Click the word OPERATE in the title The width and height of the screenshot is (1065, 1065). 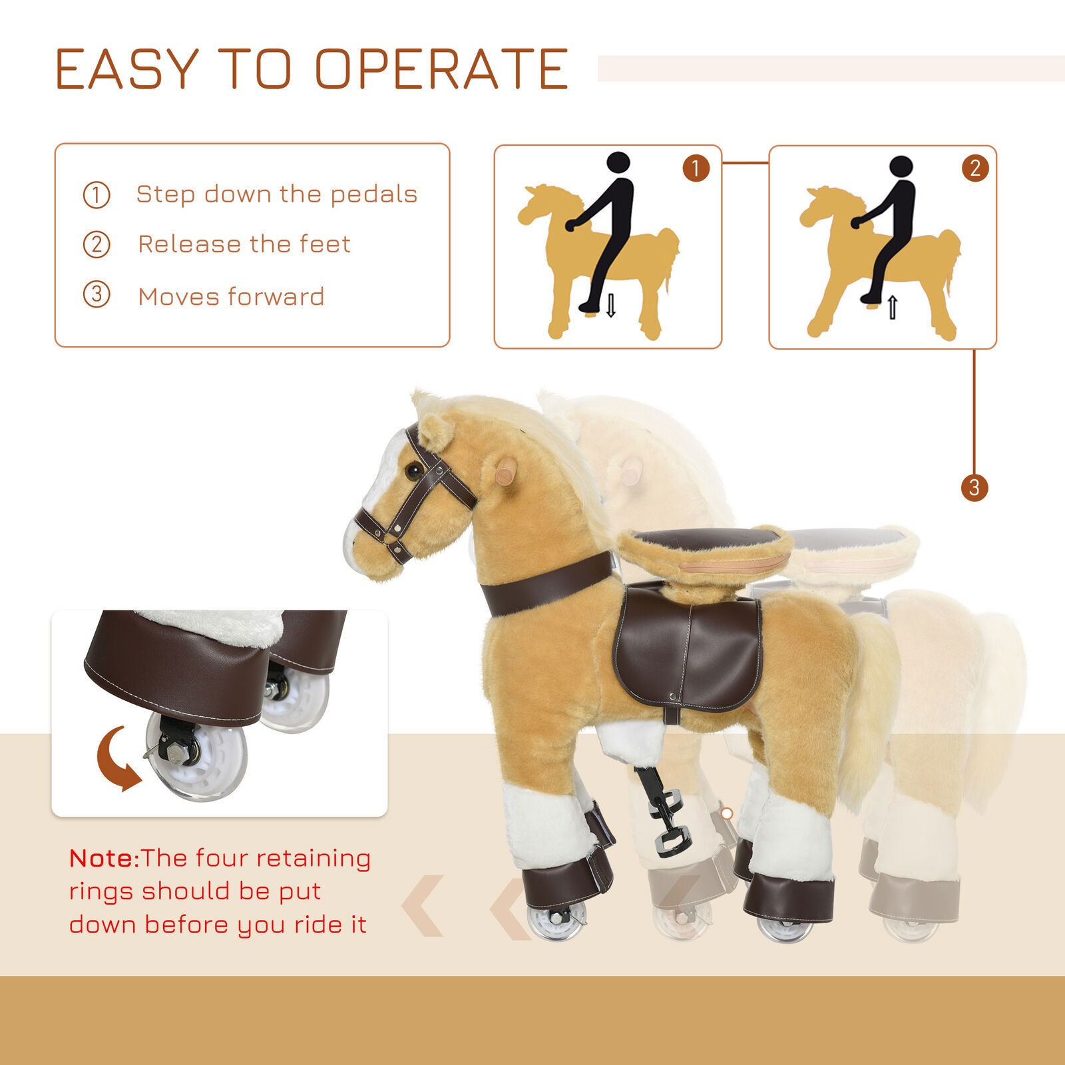pos(442,69)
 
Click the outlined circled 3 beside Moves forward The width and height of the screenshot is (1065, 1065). pos(97,295)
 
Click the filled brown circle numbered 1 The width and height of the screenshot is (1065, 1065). pos(696,168)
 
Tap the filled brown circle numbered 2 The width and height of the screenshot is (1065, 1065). pos(975,168)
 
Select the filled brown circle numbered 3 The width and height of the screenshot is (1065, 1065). pos(974,488)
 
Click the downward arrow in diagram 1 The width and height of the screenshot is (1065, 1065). pos(610,305)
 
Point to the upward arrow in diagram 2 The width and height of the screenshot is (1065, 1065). pos(893,308)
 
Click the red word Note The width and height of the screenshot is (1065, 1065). pos(103,858)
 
